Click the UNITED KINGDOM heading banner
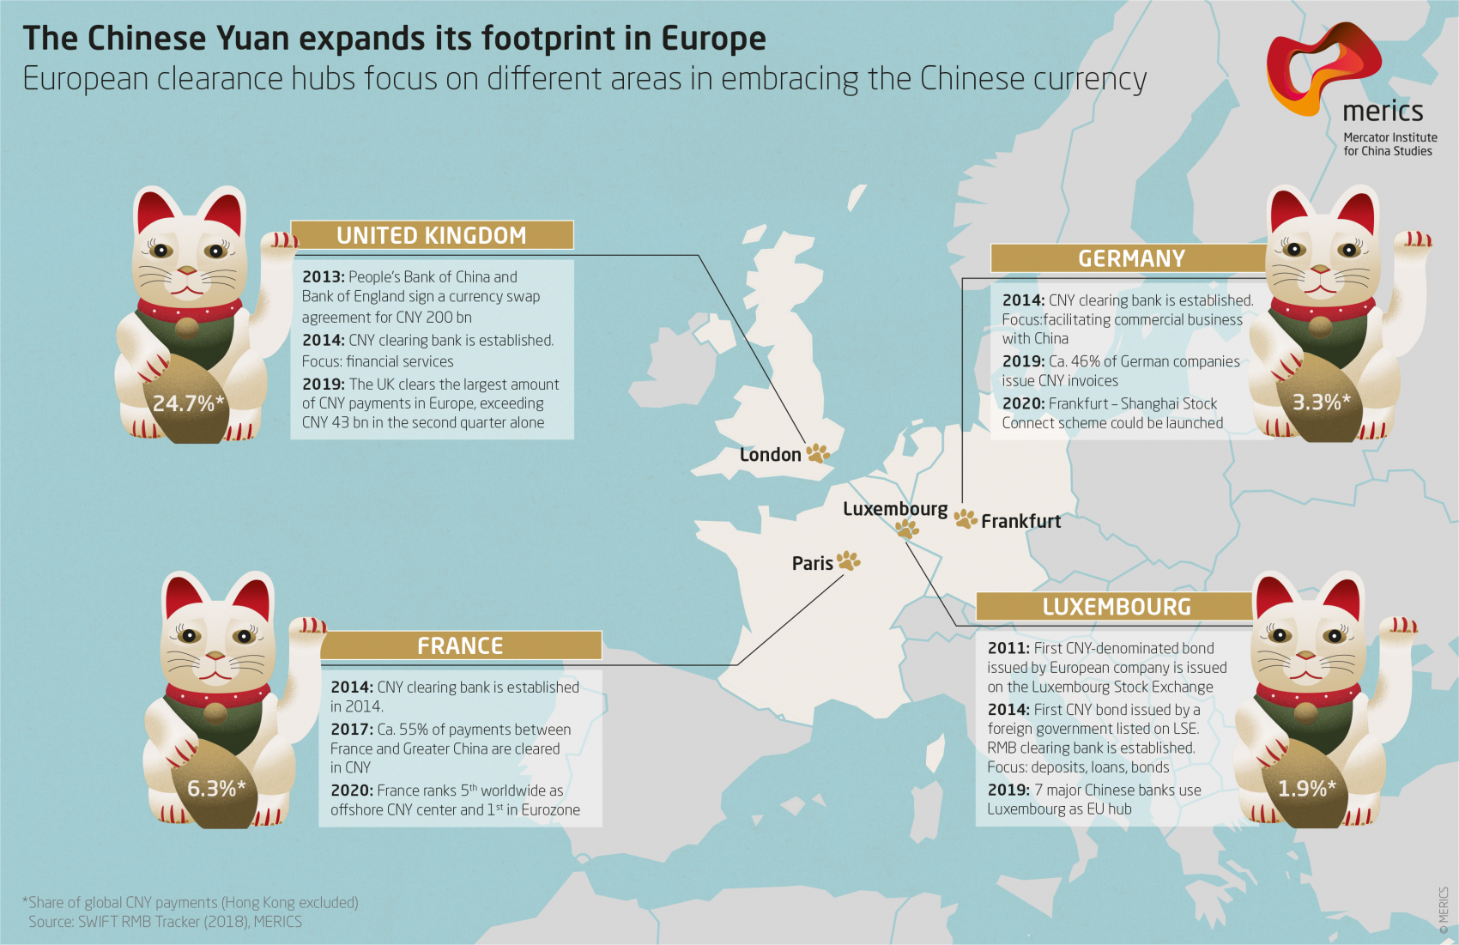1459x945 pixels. [x=432, y=235]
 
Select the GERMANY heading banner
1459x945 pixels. [x=1131, y=258]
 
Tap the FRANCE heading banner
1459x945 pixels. [x=460, y=645]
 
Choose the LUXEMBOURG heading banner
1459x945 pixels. [x=1116, y=607]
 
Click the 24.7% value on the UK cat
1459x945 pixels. [x=188, y=403]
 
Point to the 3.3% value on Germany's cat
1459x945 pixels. [x=1321, y=402]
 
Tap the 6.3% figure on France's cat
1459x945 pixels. [x=216, y=788]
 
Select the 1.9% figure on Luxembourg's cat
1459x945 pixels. [x=1306, y=788]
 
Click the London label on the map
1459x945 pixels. [x=770, y=455]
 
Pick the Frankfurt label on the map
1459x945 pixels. [x=1020, y=521]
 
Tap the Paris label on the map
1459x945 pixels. [x=812, y=563]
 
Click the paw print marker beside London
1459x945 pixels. [x=818, y=452]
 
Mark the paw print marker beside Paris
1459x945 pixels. [x=849, y=560]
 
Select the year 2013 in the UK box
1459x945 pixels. [x=323, y=277]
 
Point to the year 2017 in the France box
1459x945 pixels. [x=351, y=730]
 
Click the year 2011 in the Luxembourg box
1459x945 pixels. [x=1008, y=648]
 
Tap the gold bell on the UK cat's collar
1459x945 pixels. [x=185, y=326]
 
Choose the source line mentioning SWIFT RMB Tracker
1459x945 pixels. [x=165, y=921]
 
